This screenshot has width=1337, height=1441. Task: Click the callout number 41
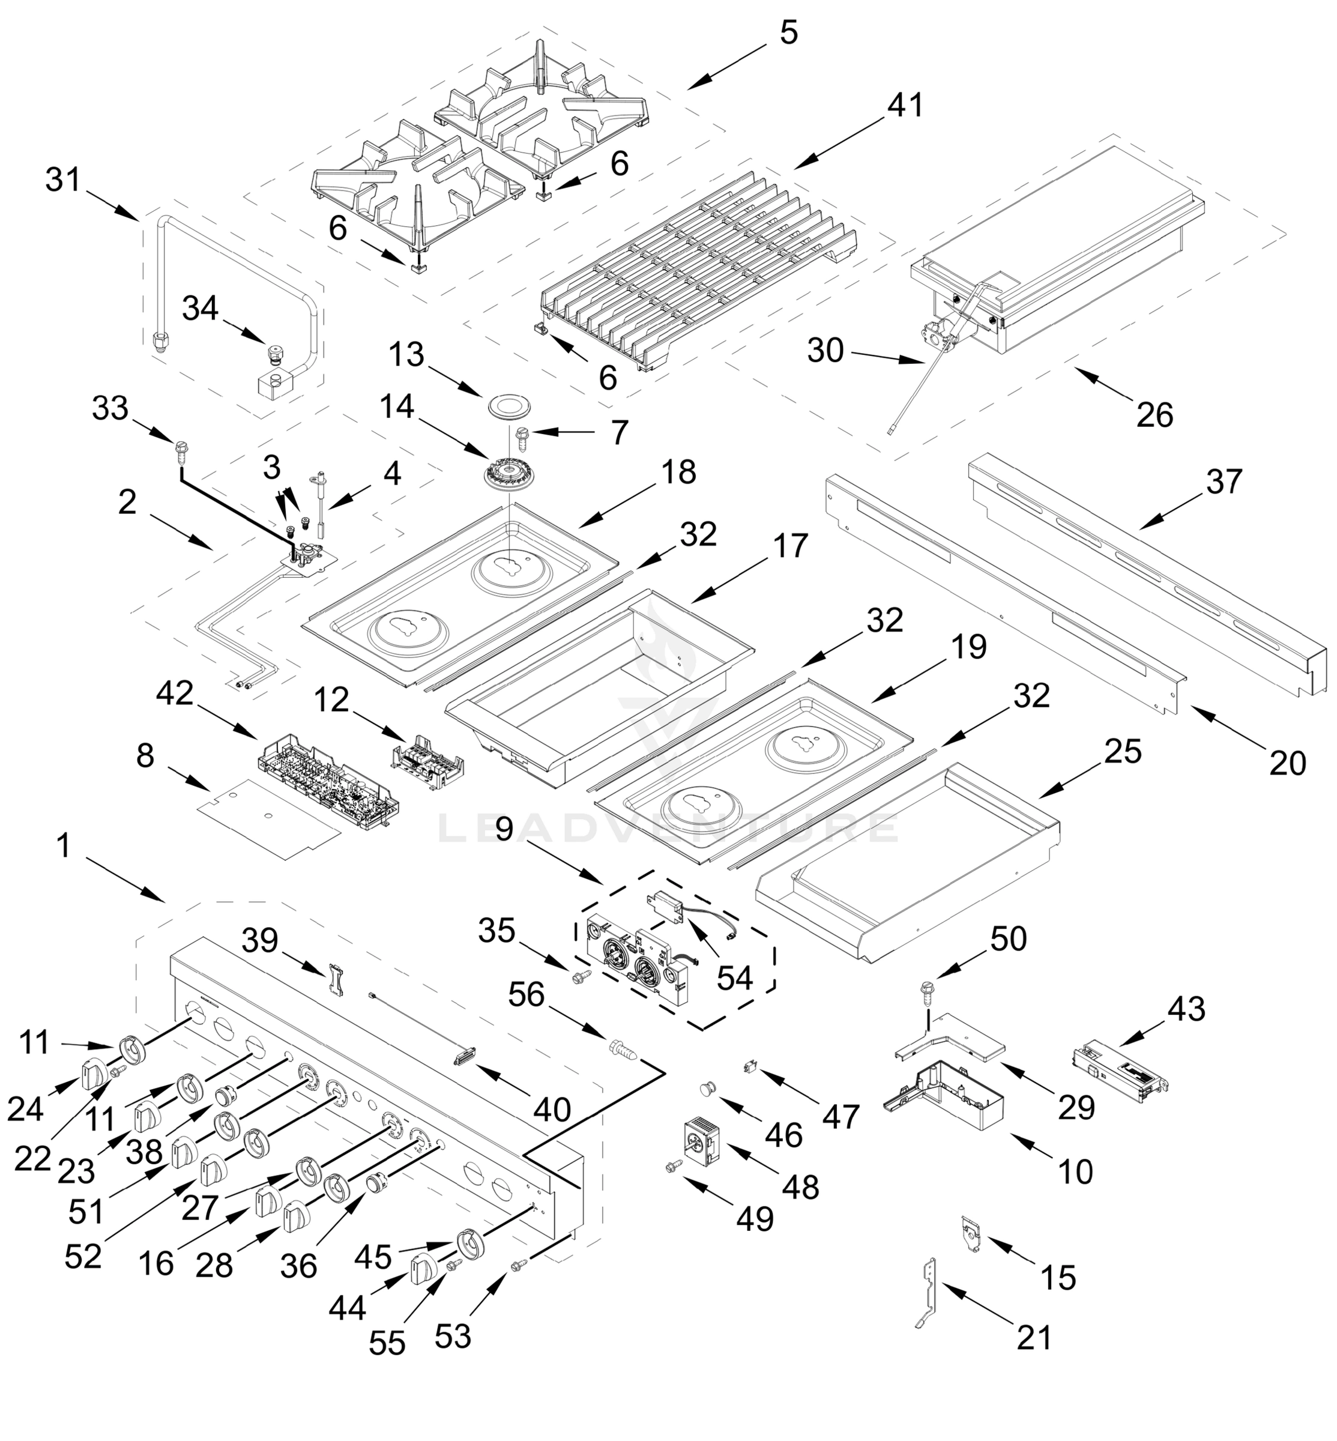tap(905, 106)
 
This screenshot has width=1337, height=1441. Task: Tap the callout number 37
tap(1224, 482)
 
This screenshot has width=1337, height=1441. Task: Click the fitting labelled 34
tap(275, 354)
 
